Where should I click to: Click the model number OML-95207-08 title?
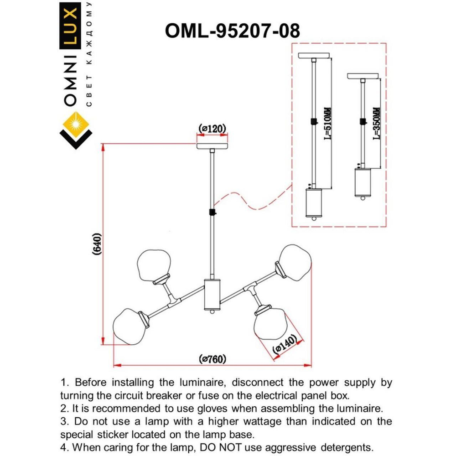[232, 31]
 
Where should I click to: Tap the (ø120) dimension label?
[212, 129]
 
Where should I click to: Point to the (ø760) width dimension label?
[212, 359]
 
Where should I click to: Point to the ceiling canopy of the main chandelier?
[212, 146]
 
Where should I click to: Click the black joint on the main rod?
[212, 212]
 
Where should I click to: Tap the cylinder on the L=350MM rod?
[363, 182]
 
